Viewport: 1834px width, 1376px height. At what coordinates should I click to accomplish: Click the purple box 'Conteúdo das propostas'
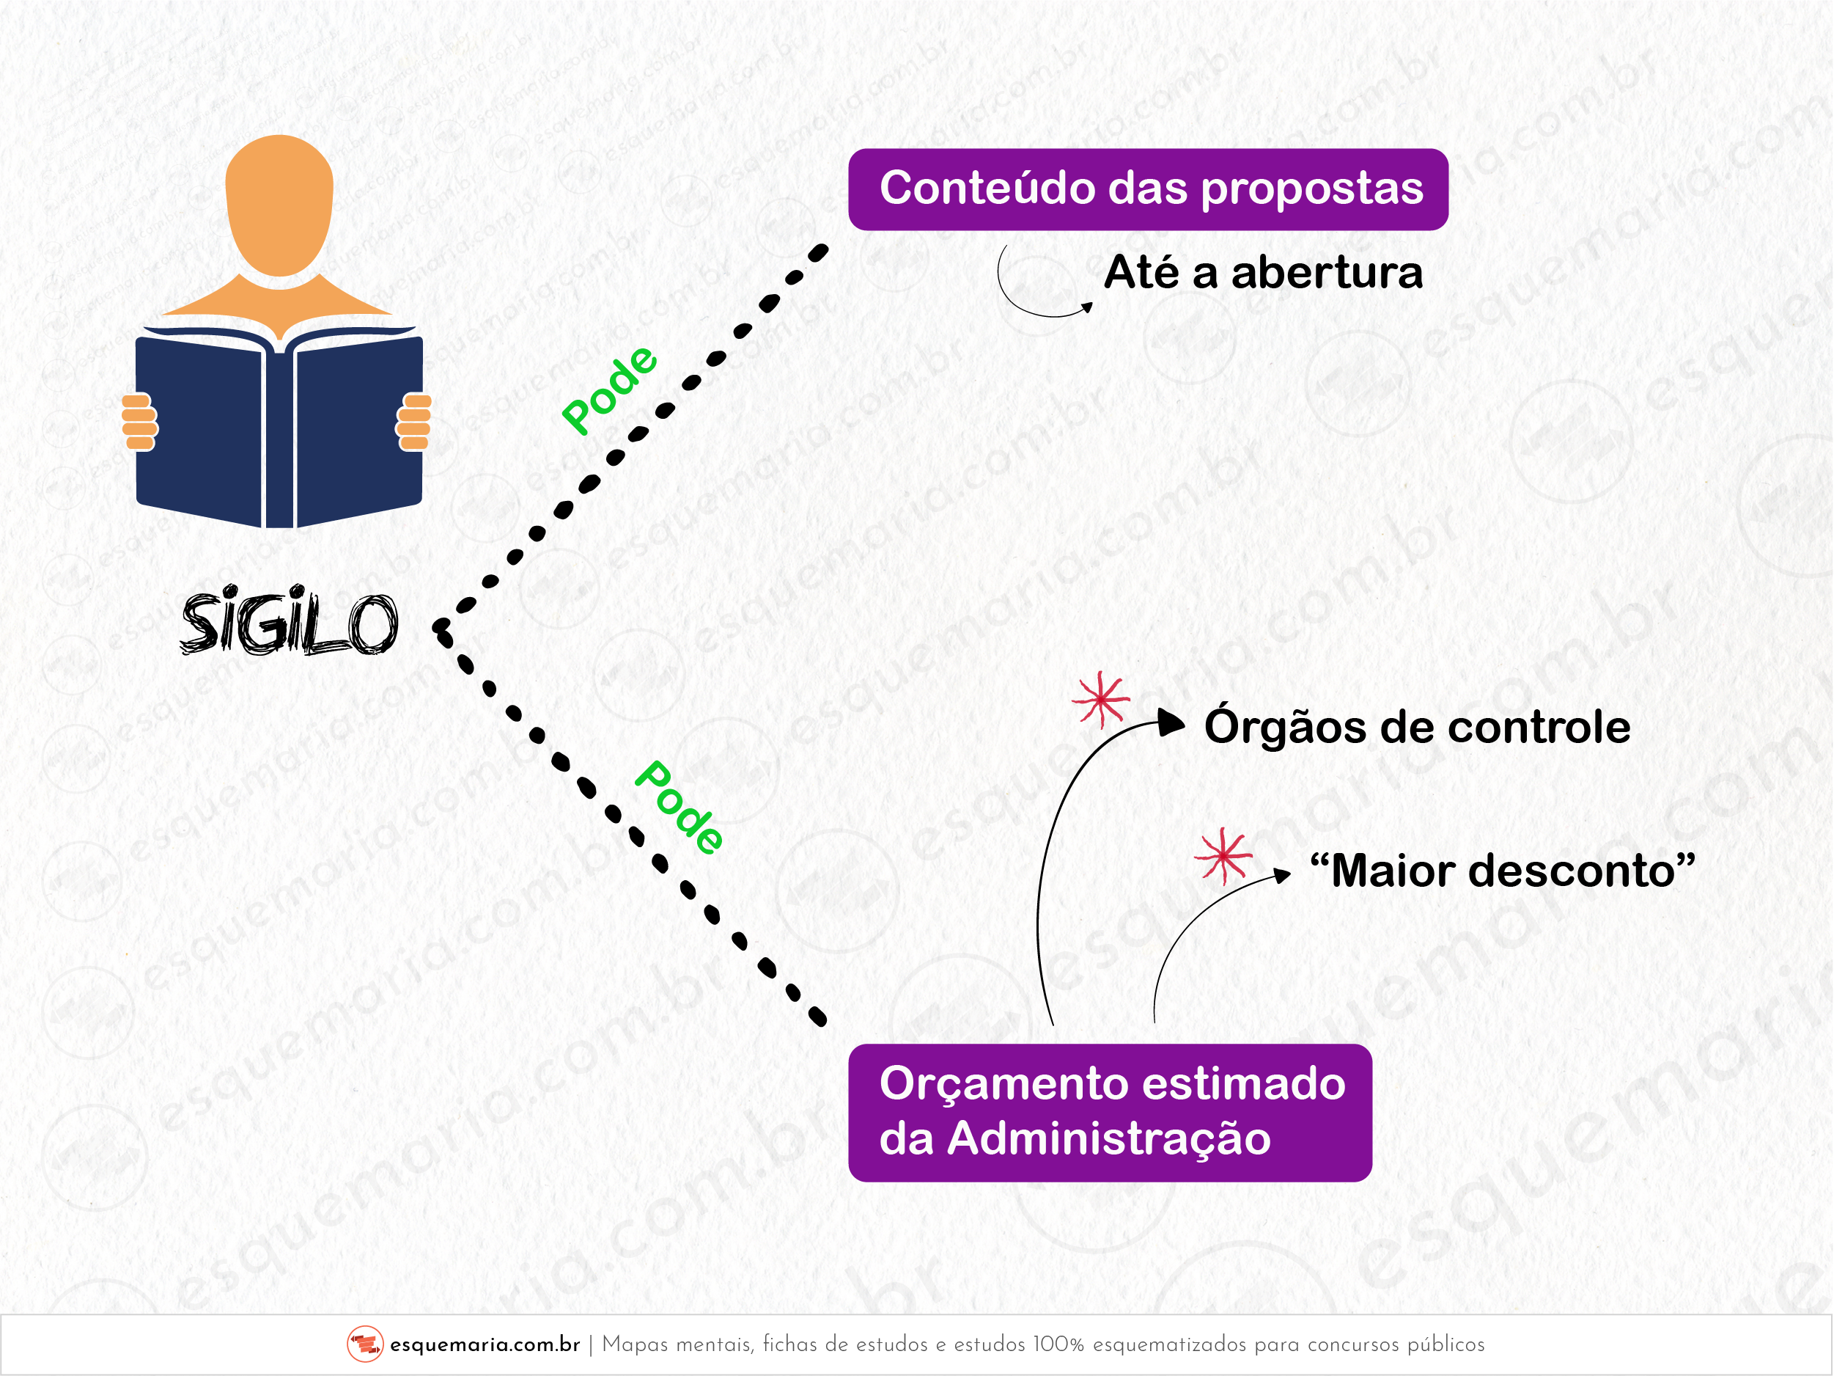pyautogui.click(x=1149, y=189)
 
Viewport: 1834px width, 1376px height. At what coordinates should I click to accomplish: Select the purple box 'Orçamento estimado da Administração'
pyautogui.click(x=1111, y=1112)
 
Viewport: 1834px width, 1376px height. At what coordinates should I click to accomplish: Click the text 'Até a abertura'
pyautogui.click(x=1264, y=272)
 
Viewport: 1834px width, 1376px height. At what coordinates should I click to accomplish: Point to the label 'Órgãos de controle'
pyautogui.click(x=1417, y=727)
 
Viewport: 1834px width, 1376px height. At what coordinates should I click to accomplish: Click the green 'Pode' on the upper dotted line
pyautogui.click(x=609, y=389)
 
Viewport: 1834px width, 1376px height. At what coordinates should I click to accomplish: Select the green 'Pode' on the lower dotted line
pyautogui.click(x=679, y=807)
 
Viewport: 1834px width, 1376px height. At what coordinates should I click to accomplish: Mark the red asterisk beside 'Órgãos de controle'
pyautogui.click(x=1100, y=699)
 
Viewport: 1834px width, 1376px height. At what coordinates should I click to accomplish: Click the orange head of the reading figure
pyautogui.click(x=279, y=205)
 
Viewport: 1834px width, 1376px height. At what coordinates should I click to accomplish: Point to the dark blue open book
pyautogui.click(x=279, y=427)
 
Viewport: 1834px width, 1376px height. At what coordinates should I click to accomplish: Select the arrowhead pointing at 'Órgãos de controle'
pyautogui.click(x=1171, y=723)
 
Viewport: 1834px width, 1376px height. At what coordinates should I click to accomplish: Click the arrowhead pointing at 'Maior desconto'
pyautogui.click(x=1283, y=875)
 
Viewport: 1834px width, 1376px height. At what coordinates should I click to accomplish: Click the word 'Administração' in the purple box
pyautogui.click(x=1108, y=1139)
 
